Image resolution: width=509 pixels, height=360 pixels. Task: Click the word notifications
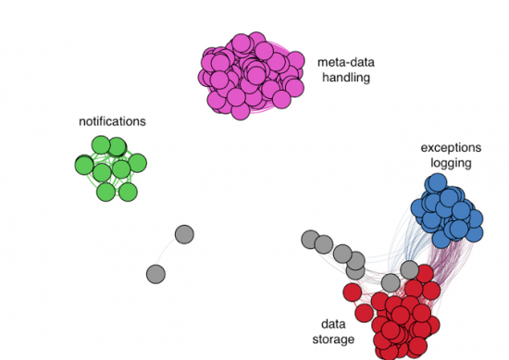pyautogui.click(x=112, y=121)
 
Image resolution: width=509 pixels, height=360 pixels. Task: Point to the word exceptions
pyautogui.click(x=451, y=147)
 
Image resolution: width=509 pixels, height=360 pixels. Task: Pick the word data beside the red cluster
pyautogui.click(x=333, y=324)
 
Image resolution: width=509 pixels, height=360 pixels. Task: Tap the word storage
pyautogui.click(x=333, y=340)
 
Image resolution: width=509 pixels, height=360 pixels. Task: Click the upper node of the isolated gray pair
pyautogui.click(x=184, y=234)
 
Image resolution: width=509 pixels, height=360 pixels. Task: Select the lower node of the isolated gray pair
pyautogui.click(x=155, y=273)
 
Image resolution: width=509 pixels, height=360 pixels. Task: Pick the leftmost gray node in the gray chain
pyautogui.click(x=310, y=240)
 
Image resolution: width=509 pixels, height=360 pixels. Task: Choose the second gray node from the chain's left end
pyautogui.click(x=324, y=245)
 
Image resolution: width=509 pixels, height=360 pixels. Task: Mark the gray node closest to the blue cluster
pyautogui.click(x=409, y=269)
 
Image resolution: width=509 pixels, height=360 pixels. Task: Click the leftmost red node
pyautogui.click(x=353, y=292)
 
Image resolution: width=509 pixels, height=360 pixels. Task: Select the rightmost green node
pyautogui.click(x=138, y=164)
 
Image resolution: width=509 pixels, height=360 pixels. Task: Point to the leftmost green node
pyautogui.click(x=83, y=165)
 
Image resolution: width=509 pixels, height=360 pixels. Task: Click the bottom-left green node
pyautogui.click(x=106, y=192)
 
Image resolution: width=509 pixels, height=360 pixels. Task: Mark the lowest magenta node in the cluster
pyautogui.click(x=238, y=110)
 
